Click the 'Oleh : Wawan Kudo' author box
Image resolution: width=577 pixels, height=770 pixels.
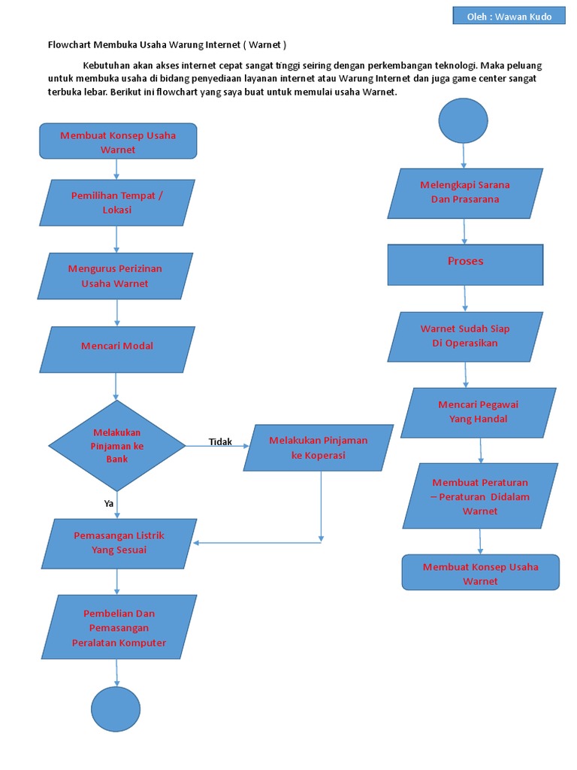coord(509,17)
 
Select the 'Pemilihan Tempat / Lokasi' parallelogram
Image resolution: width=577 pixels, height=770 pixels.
coord(117,202)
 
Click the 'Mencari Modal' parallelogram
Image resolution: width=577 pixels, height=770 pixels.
coord(117,346)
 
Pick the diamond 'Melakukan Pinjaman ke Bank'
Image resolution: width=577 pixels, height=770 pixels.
coord(116,445)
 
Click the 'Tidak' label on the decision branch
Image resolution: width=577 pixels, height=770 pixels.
coord(220,442)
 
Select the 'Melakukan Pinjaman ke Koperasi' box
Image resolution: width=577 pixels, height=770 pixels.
coord(319,447)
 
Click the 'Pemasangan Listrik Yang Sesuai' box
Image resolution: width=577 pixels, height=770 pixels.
coord(118,543)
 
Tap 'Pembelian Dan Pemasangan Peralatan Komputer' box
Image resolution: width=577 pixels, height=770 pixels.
coord(119,628)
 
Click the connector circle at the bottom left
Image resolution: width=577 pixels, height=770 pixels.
coord(116,710)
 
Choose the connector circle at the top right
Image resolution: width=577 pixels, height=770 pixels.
coord(463,120)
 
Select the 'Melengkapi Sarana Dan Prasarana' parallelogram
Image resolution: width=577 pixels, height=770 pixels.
coord(465,192)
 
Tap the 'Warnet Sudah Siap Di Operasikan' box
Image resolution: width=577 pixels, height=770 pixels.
coord(465,336)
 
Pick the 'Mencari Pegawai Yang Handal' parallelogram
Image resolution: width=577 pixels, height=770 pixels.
coord(479,412)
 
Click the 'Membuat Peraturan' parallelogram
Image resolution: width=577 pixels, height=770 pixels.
coord(480,496)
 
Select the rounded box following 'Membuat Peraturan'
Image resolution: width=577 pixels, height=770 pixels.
coord(481,574)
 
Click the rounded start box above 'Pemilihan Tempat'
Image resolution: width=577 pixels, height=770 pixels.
coord(118,141)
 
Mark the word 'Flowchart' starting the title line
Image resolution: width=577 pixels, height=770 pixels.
coord(69,44)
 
